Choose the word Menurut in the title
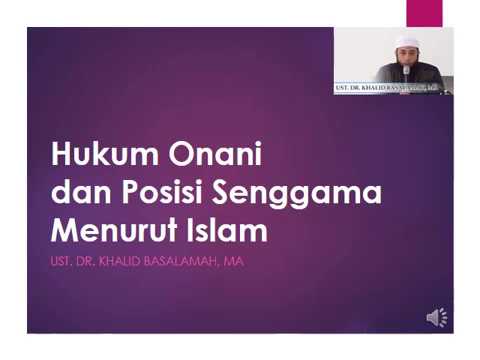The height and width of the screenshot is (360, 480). [112, 230]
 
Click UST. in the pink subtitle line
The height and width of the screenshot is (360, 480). [61, 262]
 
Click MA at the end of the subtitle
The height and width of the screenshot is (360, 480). [236, 262]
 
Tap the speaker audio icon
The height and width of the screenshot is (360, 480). [437, 318]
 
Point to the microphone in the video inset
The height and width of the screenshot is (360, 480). [405, 74]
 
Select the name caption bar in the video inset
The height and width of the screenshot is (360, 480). [393, 89]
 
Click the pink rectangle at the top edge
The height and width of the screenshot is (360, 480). [424, 12]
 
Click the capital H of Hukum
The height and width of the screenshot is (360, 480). [62, 155]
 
